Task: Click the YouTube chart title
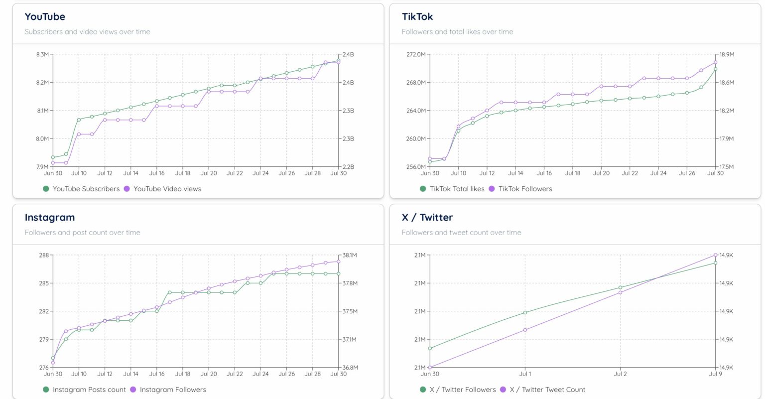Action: click(x=45, y=17)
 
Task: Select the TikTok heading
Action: click(x=417, y=17)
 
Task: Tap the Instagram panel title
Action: click(x=50, y=218)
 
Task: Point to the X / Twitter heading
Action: click(x=427, y=218)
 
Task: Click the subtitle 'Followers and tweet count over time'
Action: click(x=461, y=233)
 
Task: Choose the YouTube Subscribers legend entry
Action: click(x=81, y=189)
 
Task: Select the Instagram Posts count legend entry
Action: click(x=84, y=390)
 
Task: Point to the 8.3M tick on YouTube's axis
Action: click(x=42, y=54)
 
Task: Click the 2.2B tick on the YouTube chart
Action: click(x=348, y=167)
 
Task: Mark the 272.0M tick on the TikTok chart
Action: click(x=416, y=54)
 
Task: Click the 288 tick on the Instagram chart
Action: click(x=44, y=255)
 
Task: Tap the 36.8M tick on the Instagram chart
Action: click(x=350, y=368)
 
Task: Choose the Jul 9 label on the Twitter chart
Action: click(x=715, y=374)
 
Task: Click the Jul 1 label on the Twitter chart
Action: click(x=525, y=374)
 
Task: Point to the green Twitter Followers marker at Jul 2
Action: click(x=620, y=287)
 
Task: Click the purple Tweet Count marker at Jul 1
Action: click(x=525, y=330)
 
